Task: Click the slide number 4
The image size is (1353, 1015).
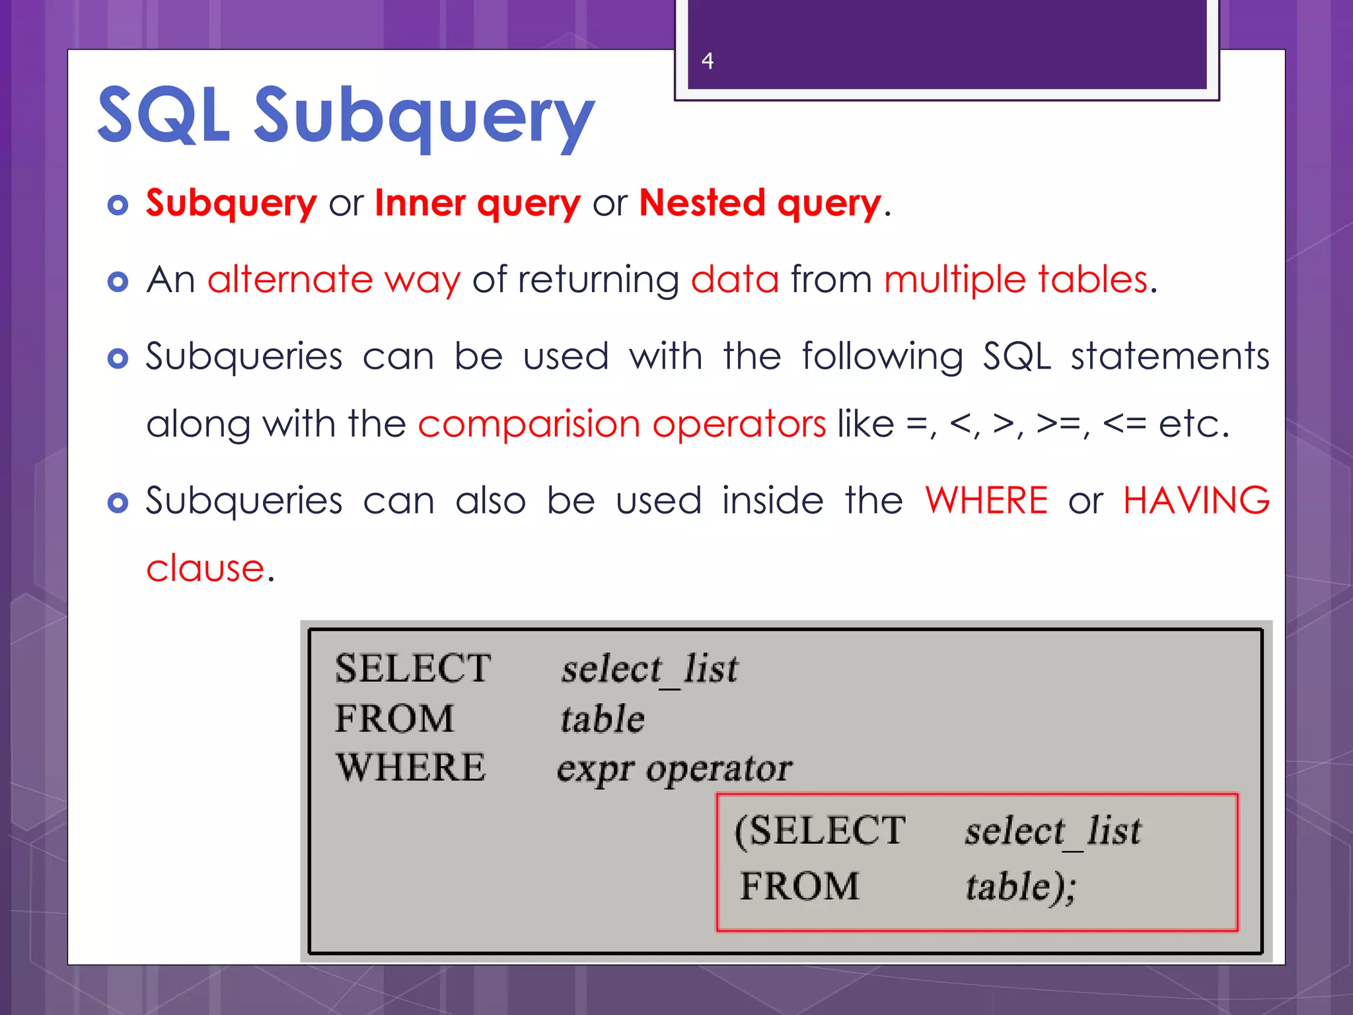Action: [708, 61]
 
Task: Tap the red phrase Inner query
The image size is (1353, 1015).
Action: [477, 203]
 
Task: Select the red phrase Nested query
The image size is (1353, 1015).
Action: [760, 203]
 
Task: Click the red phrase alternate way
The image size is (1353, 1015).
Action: [334, 280]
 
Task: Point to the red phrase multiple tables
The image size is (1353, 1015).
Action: [1016, 280]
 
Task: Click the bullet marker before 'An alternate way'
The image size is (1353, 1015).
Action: [118, 282]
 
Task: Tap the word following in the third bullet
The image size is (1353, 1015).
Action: [882, 357]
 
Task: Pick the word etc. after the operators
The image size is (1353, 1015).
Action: [1193, 424]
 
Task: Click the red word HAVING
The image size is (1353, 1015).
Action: [1196, 500]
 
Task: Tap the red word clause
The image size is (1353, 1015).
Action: [205, 568]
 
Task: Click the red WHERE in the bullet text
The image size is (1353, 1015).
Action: [986, 500]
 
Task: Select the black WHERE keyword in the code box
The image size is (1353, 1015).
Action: [410, 768]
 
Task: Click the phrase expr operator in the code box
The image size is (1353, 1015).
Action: [674, 769]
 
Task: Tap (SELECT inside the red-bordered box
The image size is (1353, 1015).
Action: [820, 831]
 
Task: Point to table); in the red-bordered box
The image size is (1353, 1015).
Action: [1021, 887]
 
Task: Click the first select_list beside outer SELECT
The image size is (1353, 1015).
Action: [649, 669]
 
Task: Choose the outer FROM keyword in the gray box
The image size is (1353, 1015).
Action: [394, 718]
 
